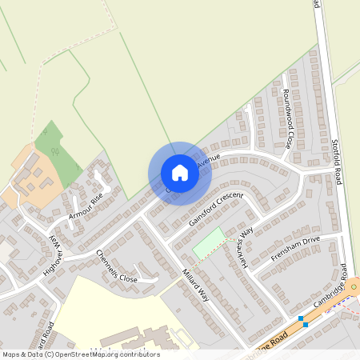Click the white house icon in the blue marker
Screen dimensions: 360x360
(x=179, y=173)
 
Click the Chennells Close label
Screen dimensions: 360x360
(x=117, y=267)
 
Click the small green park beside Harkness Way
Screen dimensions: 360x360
(x=209, y=242)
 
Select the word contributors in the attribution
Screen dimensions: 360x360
(x=138, y=354)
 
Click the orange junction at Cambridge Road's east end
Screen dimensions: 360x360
(x=352, y=286)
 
